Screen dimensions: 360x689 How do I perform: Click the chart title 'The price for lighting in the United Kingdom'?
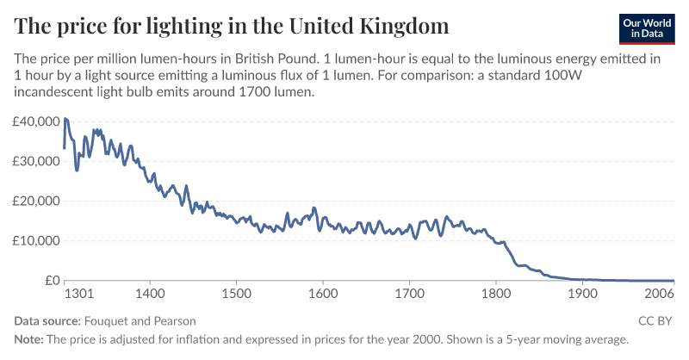click(232, 27)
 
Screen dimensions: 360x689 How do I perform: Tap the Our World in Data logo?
click(647, 28)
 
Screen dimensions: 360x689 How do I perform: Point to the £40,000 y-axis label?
click(35, 121)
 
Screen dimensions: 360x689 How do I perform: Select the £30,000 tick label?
click(35, 161)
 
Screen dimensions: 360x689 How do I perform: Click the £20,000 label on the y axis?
click(35, 201)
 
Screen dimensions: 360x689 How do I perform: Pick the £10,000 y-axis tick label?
click(35, 240)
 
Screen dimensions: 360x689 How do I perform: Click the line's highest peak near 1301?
click(65, 118)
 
